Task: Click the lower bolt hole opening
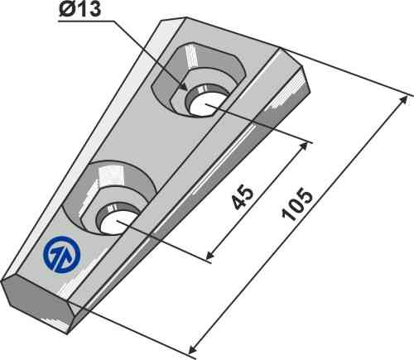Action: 115,221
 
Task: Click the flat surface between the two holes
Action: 161,145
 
